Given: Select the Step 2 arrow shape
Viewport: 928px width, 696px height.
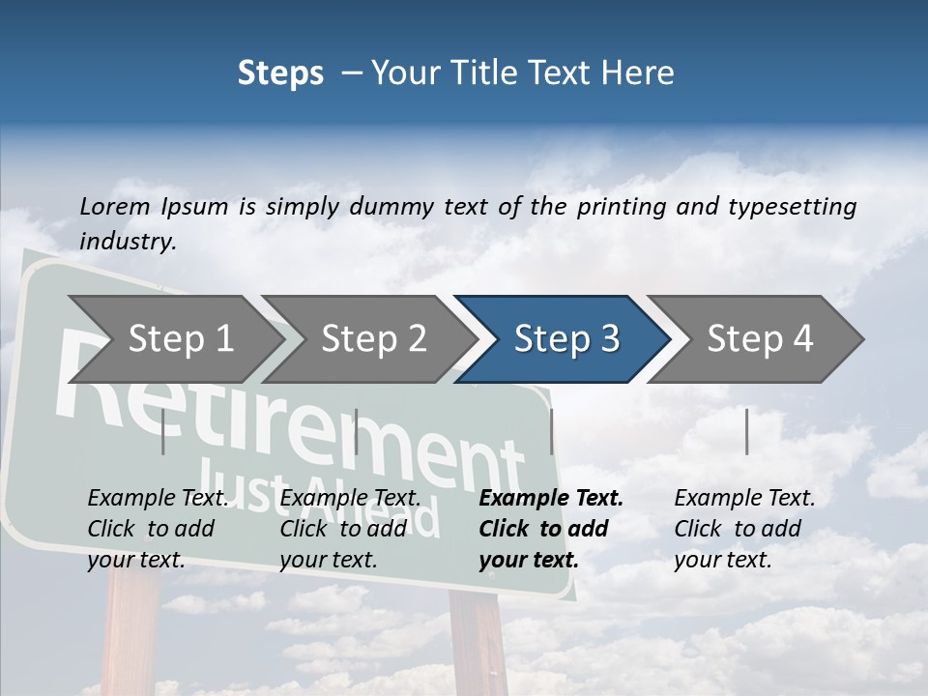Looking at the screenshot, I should point(373,339).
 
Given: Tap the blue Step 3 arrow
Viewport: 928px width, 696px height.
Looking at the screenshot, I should point(565,339).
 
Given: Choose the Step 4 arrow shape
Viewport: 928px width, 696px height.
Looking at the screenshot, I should point(760,339).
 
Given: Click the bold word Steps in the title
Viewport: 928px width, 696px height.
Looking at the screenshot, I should point(280,73).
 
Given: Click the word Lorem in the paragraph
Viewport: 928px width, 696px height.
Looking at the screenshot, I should point(114,206).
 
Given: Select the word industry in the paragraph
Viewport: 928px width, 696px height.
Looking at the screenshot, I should point(126,241).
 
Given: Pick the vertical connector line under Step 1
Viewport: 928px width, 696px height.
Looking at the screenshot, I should point(163,431).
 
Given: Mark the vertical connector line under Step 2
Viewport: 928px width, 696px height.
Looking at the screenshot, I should point(357,431).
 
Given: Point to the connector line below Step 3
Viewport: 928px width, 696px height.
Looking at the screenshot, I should point(551,431).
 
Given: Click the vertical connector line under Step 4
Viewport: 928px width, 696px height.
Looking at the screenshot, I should point(746,431).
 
